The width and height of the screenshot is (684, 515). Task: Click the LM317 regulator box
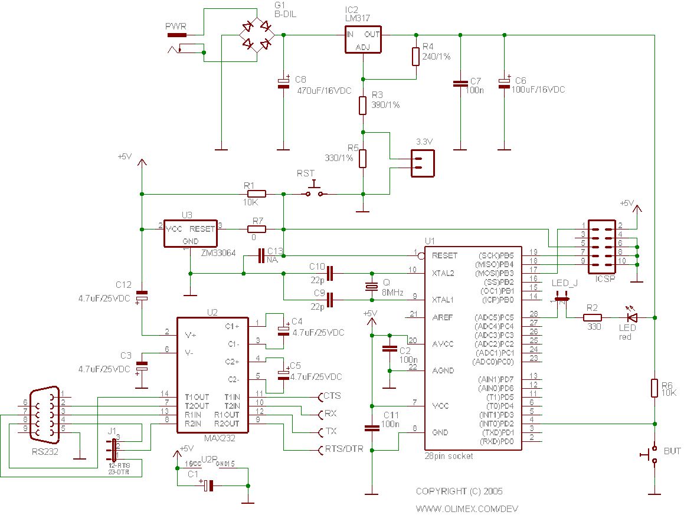[x=362, y=40]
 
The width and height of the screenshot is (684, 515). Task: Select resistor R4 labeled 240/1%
[x=415, y=56]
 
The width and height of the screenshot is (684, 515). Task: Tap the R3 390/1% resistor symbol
[x=363, y=105]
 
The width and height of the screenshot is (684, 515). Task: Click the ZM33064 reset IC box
[x=190, y=234]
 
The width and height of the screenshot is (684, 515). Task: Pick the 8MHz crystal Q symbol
[x=371, y=287]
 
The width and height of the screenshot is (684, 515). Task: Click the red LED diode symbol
[x=632, y=317]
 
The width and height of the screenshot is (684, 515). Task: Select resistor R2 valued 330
[x=593, y=317]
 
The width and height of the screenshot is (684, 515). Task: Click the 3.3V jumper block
[x=423, y=163]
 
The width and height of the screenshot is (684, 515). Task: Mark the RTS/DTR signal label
[x=345, y=450]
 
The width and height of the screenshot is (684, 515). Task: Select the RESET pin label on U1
[x=444, y=256]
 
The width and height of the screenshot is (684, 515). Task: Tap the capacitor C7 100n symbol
[x=460, y=84]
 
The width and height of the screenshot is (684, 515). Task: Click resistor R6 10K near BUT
[x=654, y=388]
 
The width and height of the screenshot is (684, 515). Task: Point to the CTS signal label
[x=332, y=396]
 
